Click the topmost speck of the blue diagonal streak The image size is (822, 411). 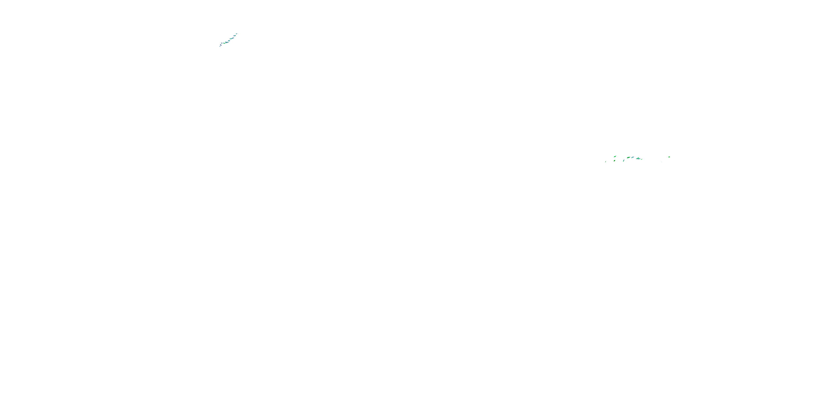(237, 34)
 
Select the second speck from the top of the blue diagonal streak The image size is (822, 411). (235, 36)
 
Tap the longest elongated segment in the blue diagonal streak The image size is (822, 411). (232, 39)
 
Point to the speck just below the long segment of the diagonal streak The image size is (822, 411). (229, 41)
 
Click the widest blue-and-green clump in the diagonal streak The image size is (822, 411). (227, 42)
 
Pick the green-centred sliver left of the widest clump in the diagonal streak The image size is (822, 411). (224, 43)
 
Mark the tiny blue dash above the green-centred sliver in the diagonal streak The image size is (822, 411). (224, 42)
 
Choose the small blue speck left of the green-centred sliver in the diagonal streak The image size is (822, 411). (222, 43)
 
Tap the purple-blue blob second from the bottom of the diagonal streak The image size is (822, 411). (221, 45)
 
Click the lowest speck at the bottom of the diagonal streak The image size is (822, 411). (220, 46)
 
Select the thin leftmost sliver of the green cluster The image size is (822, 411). (606, 162)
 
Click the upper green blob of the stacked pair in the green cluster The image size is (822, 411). (615, 157)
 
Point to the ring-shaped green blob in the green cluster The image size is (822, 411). (615, 161)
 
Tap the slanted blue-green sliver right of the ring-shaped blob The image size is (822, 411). (624, 161)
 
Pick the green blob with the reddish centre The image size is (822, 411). (629, 158)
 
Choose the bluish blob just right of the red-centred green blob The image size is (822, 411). (633, 157)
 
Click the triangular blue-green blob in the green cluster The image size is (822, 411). (638, 159)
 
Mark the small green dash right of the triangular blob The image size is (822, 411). (642, 159)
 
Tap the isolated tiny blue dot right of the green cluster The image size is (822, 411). (662, 162)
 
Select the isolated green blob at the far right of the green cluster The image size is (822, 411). (669, 157)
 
